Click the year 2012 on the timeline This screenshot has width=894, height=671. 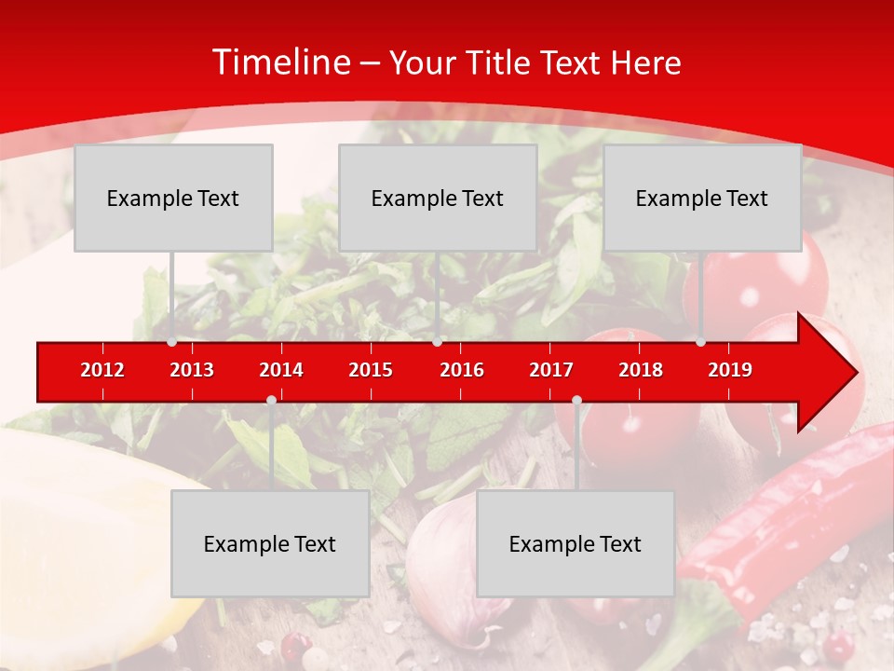(x=102, y=371)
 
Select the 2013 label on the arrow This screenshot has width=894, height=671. (x=192, y=371)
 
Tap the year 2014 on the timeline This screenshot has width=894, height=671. (x=281, y=371)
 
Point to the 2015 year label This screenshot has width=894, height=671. (x=371, y=371)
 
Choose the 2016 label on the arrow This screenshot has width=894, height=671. (x=462, y=371)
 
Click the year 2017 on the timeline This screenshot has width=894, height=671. (x=551, y=371)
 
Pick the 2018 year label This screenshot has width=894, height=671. (x=641, y=371)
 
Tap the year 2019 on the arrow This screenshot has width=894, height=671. (x=730, y=371)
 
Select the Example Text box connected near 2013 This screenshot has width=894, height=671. (x=173, y=198)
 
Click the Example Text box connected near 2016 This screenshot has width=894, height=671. (x=438, y=198)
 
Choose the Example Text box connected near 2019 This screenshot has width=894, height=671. (x=702, y=198)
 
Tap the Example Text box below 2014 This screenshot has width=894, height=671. (x=270, y=543)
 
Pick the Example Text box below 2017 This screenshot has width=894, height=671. (x=576, y=543)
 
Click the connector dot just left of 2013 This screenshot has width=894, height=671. (x=171, y=342)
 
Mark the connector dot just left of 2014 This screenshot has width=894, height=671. (x=271, y=400)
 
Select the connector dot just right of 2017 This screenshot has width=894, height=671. (x=576, y=400)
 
